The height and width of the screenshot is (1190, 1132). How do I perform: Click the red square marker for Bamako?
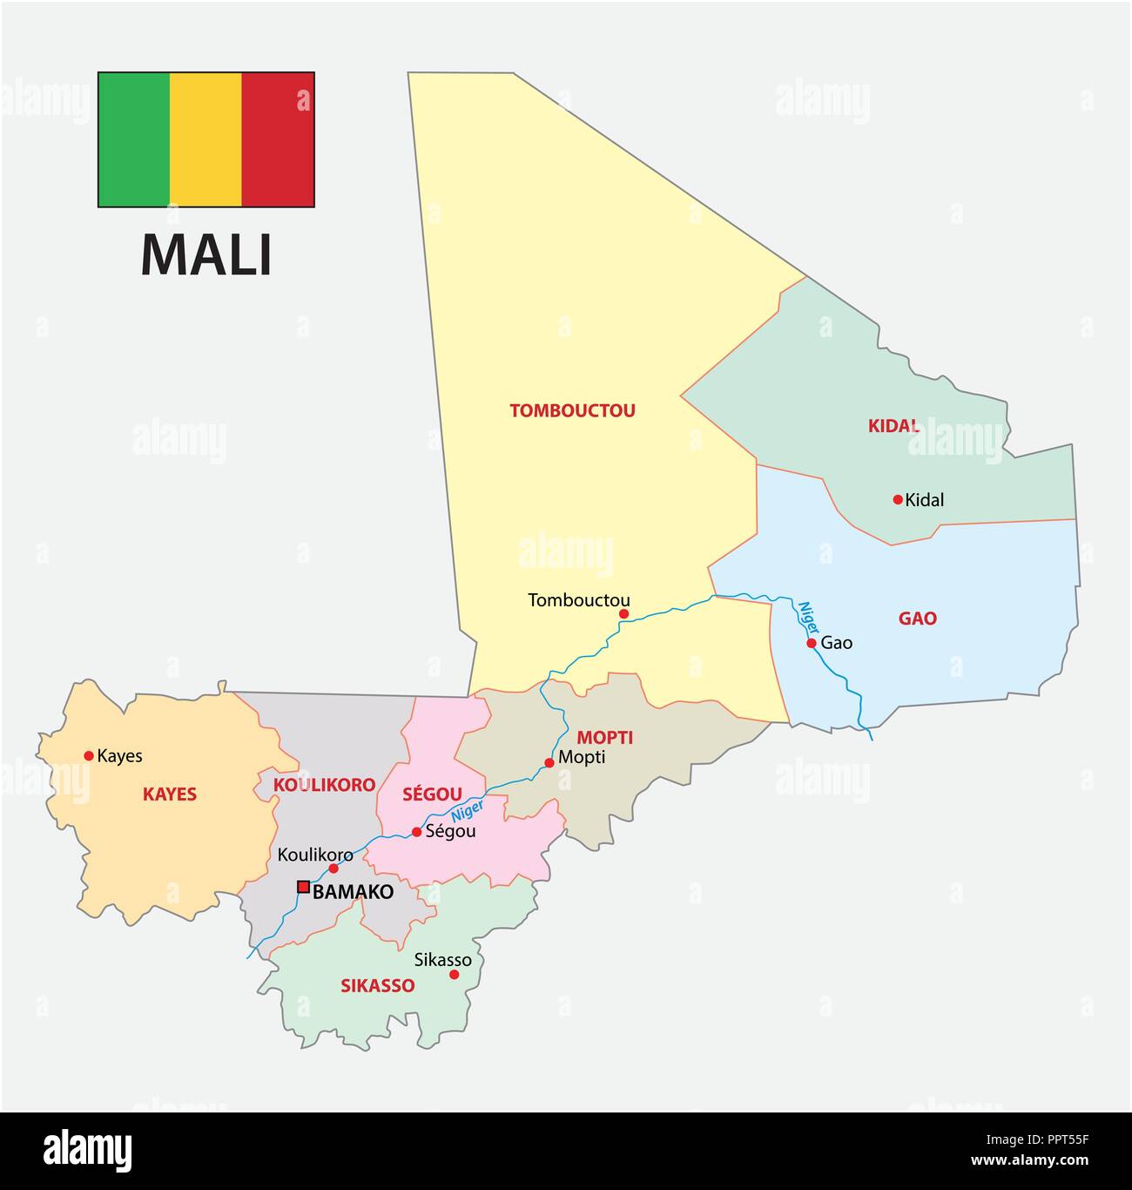(303, 887)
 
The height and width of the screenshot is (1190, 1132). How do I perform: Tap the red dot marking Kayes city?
(88, 755)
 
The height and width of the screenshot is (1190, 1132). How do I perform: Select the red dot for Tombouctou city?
(623, 614)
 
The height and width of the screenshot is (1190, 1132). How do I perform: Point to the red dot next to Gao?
(811, 643)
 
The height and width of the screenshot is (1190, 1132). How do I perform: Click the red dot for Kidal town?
(898, 499)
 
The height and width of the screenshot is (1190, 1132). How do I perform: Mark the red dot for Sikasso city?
(454, 975)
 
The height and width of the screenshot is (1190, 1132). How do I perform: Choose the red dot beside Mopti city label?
(549, 763)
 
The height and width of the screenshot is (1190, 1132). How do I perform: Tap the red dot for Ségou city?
(416, 832)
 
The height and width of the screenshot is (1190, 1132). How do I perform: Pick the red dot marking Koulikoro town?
(334, 869)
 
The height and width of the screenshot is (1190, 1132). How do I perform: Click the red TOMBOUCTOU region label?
(572, 410)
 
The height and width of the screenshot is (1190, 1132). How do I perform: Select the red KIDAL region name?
(893, 426)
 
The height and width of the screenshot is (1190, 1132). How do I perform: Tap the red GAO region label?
(917, 619)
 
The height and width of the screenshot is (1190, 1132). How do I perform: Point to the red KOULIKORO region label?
(324, 785)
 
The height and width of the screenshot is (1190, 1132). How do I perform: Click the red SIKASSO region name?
(377, 986)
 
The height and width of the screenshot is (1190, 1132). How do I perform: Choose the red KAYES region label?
(170, 794)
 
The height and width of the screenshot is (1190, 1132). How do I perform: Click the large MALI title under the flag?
(206, 254)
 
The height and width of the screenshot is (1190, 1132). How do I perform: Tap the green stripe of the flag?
(134, 139)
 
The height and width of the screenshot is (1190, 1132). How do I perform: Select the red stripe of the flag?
(278, 139)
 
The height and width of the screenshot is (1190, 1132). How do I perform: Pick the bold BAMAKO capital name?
(353, 892)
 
